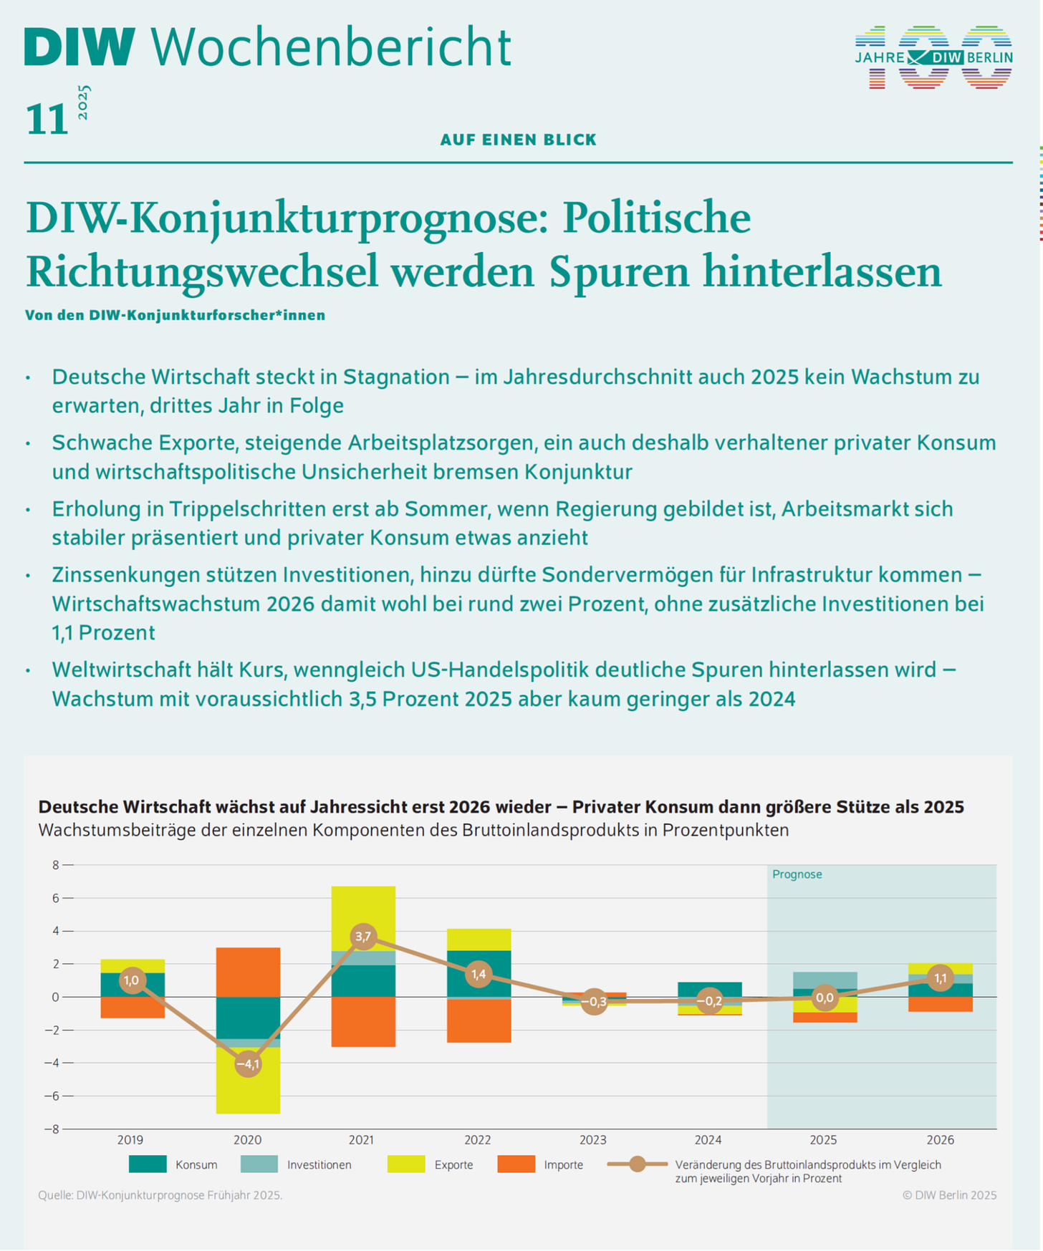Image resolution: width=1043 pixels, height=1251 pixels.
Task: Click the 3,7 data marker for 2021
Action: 363,936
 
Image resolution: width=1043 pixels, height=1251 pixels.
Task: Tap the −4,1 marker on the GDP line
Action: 248,1064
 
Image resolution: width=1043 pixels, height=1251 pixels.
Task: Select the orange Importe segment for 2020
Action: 248,972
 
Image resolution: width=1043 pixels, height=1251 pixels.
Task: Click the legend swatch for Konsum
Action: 148,1164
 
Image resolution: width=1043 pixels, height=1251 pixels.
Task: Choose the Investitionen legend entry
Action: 319,1165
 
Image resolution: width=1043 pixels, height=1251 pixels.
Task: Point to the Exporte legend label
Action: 453,1165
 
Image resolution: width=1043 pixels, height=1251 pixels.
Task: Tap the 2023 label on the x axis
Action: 592,1140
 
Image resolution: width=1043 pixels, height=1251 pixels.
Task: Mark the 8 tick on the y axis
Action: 55,865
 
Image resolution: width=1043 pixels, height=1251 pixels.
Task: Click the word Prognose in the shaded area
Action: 797,874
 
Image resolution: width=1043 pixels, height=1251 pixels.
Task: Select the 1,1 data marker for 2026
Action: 940,978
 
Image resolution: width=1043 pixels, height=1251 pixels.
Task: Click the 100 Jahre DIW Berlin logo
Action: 933,57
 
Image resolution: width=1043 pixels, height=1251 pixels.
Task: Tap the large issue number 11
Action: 47,119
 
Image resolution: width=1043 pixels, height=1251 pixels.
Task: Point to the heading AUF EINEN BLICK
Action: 518,140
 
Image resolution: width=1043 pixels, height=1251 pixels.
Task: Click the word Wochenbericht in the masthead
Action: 330,47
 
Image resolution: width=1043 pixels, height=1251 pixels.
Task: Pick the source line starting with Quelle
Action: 160,1195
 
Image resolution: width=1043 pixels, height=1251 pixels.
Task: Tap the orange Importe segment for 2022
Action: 479,1020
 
